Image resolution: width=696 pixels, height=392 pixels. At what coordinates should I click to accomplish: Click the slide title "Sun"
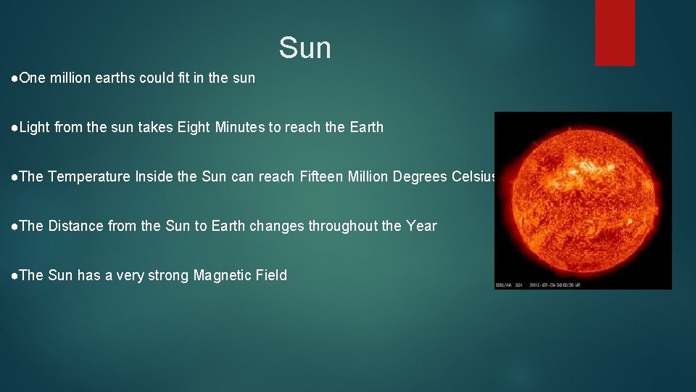tap(304, 49)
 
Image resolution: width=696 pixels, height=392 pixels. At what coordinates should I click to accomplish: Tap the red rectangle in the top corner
tap(615, 33)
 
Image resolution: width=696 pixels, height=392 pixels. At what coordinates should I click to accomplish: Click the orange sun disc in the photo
tap(584, 197)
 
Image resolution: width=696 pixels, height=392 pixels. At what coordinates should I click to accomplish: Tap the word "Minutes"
tap(241, 127)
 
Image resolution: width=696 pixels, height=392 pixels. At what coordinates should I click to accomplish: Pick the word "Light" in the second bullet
tap(35, 127)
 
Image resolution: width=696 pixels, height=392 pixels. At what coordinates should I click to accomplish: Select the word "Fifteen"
tap(322, 176)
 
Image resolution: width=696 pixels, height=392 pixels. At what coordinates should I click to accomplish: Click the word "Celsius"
tap(474, 176)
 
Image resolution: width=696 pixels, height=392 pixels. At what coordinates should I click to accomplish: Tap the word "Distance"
tap(75, 226)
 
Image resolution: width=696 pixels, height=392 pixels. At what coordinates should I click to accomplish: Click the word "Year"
tap(421, 226)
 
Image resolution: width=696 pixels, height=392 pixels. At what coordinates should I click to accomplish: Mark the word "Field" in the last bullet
tap(271, 275)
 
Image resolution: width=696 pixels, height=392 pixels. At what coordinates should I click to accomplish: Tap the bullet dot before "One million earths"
tap(15, 78)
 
